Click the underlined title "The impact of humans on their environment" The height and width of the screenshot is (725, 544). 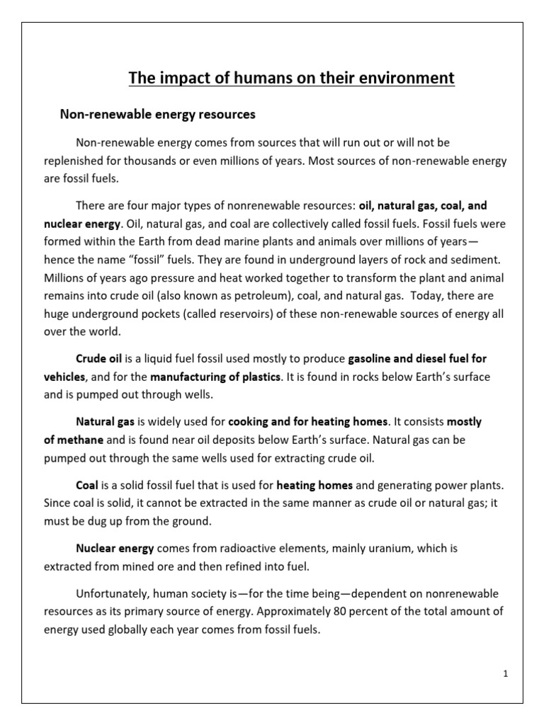click(291, 78)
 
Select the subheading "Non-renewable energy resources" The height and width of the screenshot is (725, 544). click(157, 114)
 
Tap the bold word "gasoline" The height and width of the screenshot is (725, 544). click(370, 358)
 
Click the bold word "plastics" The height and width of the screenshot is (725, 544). click(260, 377)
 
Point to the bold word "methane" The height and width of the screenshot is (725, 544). click(82, 440)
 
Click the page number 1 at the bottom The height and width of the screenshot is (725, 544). click(506, 675)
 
